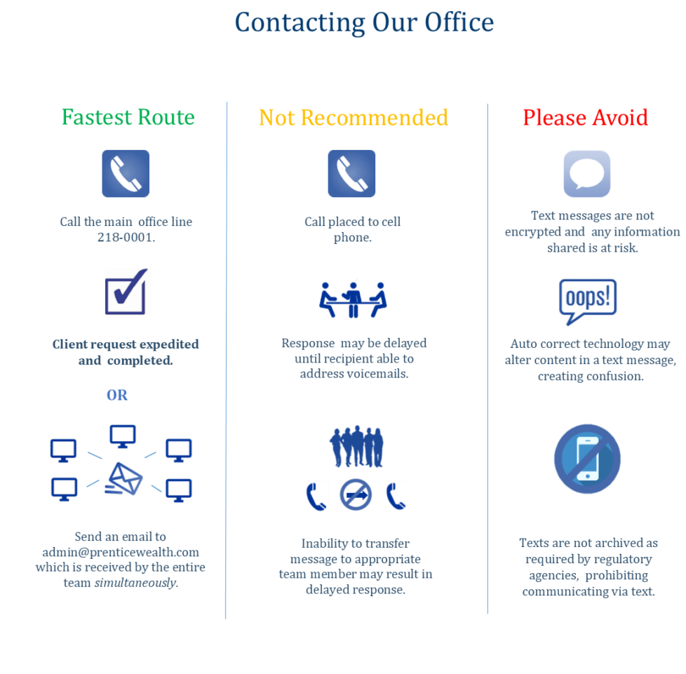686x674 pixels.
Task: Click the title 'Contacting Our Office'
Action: pyautogui.click(x=364, y=22)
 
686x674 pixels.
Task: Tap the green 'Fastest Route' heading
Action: pyautogui.click(x=128, y=117)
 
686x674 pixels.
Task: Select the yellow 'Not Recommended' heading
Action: pyautogui.click(x=354, y=117)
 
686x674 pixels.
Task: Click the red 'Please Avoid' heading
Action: pyautogui.click(x=585, y=117)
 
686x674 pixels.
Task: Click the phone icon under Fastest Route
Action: pyautogui.click(x=126, y=173)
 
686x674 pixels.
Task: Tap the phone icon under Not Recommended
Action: pyautogui.click(x=351, y=173)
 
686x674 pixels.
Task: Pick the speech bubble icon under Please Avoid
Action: pyautogui.click(x=587, y=174)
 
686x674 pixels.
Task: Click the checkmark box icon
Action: pyautogui.click(x=128, y=292)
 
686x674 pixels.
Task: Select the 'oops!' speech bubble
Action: pyautogui.click(x=587, y=302)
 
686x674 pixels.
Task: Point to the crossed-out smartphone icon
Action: pyautogui.click(x=586, y=459)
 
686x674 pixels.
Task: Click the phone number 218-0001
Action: pyautogui.click(x=126, y=238)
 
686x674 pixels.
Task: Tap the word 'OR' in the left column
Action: pyautogui.click(x=117, y=396)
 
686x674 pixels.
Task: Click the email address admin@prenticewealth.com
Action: pyautogui.click(x=121, y=552)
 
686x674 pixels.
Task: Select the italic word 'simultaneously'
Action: pyautogui.click(x=135, y=582)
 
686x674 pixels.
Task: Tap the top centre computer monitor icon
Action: pyautogui.click(x=122, y=437)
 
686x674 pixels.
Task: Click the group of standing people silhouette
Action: pyautogui.click(x=356, y=446)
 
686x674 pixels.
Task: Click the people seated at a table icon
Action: pyautogui.click(x=354, y=297)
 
